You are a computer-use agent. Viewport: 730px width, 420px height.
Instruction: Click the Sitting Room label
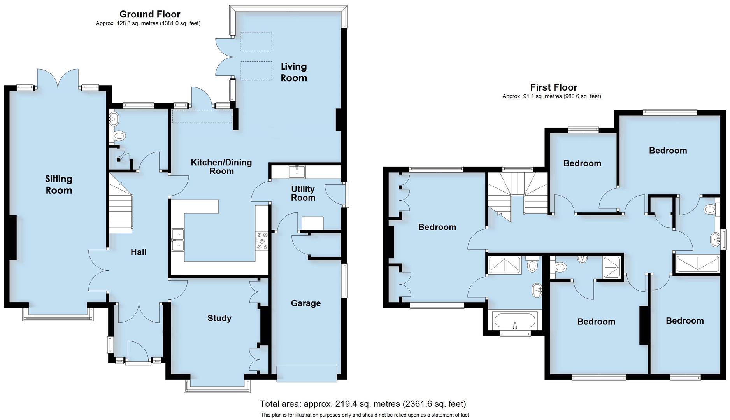pyautogui.click(x=59, y=184)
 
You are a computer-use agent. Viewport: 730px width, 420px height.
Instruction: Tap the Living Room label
pyautogui.click(x=294, y=72)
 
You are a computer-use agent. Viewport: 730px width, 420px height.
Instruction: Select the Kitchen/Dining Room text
pyautogui.click(x=221, y=166)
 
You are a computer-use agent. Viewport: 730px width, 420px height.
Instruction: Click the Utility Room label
pyautogui.click(x=303, y=193)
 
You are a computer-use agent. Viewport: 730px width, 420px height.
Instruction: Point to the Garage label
pyautogui.click(x=305, y=303)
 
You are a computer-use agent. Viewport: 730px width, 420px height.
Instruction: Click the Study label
pyautogui.click(x=219, y=318)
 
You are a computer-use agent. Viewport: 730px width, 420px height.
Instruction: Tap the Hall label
pyautogui.click(x=139, y=252)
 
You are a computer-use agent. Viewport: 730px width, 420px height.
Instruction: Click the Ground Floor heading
pyautogui.click(x=150, y=14)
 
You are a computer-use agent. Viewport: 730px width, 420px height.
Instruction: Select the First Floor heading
pyautogui.click(x=553, y=87)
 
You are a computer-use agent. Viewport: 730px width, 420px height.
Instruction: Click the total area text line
pyautogui.click(x=363, y=404)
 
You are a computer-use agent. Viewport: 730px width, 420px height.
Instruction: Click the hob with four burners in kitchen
pyautogui.click(x=261, y=241)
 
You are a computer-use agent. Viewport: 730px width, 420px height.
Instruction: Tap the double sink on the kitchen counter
pyautogui.click(x=178, y=240)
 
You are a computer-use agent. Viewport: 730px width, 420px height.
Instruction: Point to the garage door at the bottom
pyautogui.click(x=306, y=374)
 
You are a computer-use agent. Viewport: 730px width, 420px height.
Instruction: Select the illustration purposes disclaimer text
pyautogui.click(x=365, y=415)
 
